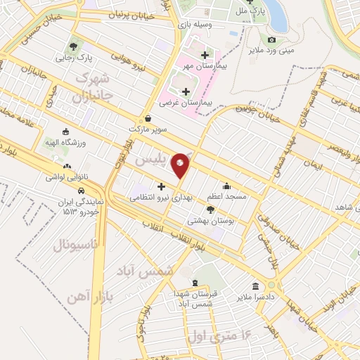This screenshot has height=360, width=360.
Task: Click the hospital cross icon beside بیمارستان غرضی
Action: (x=186, y=91)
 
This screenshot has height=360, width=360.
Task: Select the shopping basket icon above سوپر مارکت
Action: (x=148, y=119)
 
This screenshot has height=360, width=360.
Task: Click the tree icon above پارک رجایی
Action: (x=75, y=46)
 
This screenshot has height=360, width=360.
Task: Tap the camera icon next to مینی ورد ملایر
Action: (x=272, y=39)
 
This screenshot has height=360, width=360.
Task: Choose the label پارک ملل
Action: (x=231, y=11)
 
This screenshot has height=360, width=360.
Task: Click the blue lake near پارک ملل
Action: (x=276, y=15)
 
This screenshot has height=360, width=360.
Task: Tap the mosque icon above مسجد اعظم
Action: (x=226, y=186)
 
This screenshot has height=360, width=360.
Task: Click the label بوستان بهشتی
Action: (x=210, y=220)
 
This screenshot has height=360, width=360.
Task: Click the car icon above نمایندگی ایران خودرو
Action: (x=82, y=191)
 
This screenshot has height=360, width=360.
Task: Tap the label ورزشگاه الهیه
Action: (x=65, y=143)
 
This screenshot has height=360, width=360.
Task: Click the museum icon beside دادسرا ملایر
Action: (x=254, y=285)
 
